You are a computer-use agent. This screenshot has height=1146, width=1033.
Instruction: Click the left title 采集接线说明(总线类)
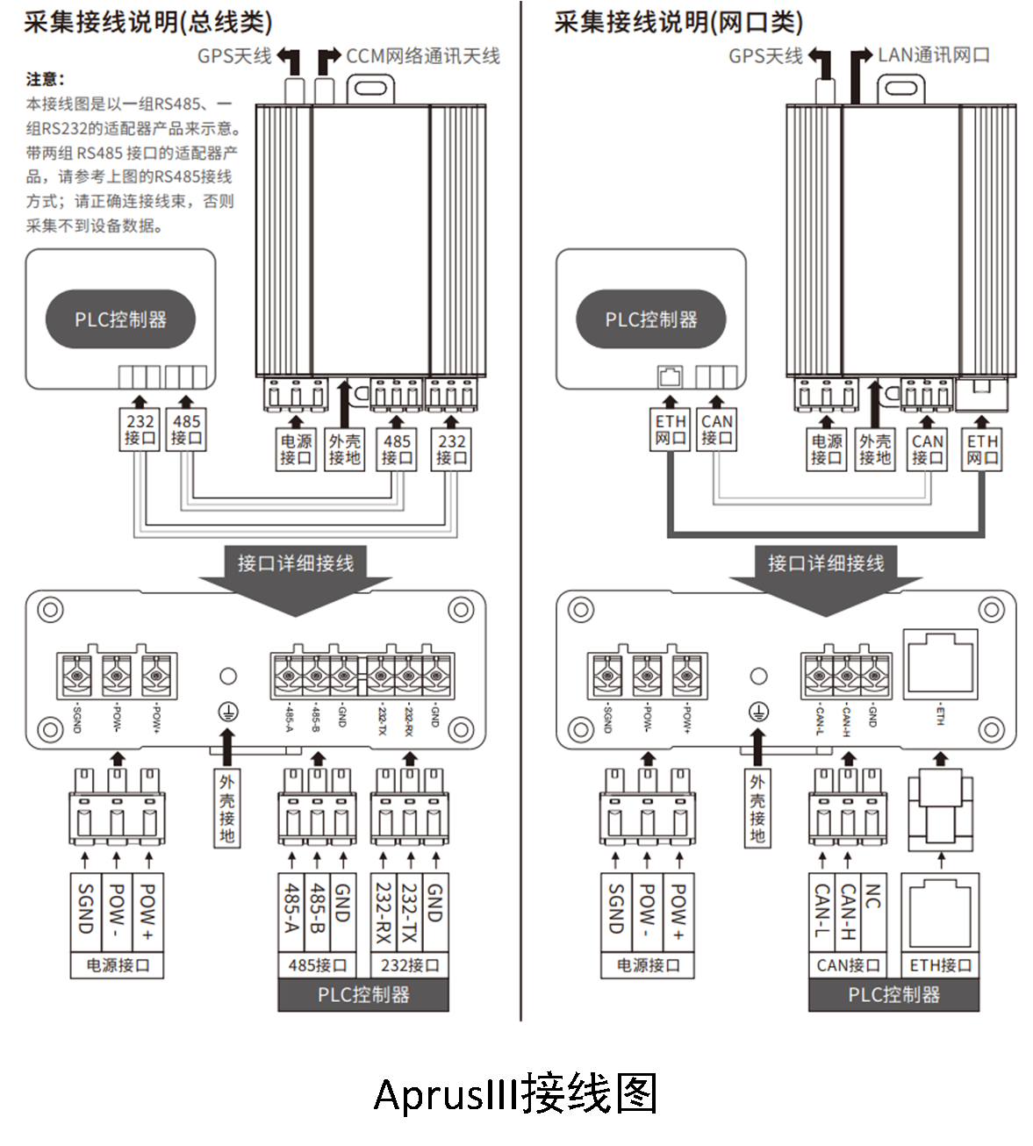(x=147, y=22)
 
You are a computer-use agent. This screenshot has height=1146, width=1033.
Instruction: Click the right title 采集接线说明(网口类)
(x=678, y=22)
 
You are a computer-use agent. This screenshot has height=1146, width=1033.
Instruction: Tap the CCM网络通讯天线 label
(x=422, y=56)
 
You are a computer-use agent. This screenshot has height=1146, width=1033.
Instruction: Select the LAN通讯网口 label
(x=934, y=55)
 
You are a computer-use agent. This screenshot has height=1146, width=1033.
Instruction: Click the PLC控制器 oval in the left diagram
(x=120, y=319)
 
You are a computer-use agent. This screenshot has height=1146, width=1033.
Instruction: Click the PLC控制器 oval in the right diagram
(x=650, y=319)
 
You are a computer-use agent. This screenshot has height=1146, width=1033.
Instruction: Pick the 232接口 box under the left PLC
(x=140, y=429)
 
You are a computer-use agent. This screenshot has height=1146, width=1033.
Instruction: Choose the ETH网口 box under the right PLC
(x=670, y=429)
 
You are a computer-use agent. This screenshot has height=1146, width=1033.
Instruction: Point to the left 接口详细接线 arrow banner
(x=295, y=563)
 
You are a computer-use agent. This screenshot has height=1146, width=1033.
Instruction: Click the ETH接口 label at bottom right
(x=940, y=965)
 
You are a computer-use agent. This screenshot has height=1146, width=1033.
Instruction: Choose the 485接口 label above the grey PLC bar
(x=318, y=965)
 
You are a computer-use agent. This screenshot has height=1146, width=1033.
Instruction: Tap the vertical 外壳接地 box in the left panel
(x=227, y=807)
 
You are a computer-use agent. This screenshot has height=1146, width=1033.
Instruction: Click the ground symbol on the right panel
(x=758, y=712)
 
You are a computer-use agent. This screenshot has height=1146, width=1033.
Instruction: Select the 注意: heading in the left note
(x=46, y=80)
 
